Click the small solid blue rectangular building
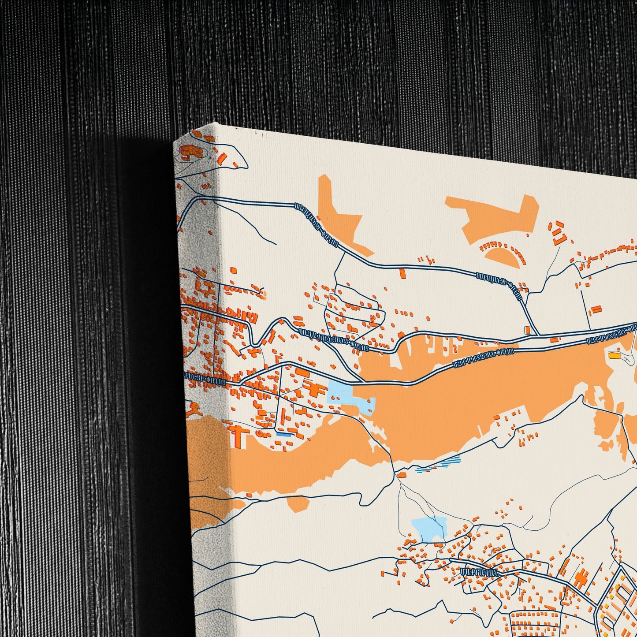tap(283, 435)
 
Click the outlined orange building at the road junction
tap(527, 330)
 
